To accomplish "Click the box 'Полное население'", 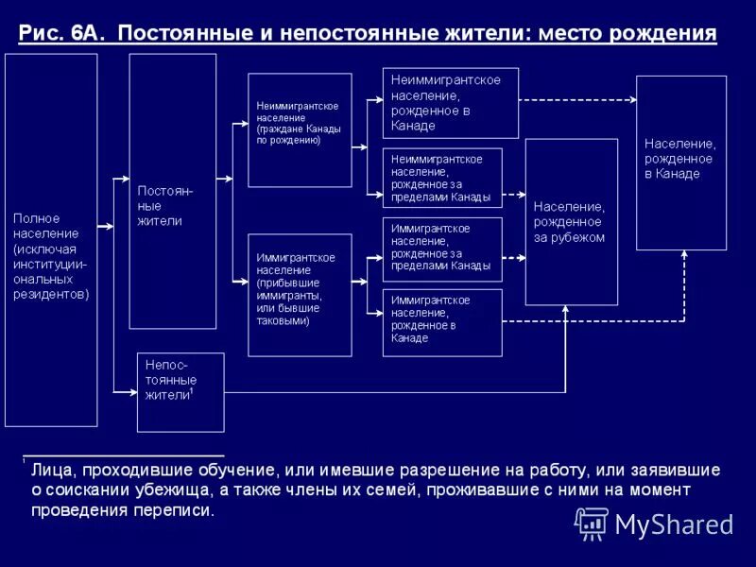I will click(51, 239).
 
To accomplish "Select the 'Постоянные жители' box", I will click(172, 191).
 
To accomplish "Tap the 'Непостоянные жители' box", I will click(180, 392).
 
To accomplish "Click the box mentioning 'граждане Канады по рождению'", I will click(300, 129).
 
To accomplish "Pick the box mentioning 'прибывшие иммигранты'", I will click(300, 294).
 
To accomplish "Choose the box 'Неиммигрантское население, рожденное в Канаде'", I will click(450, 103).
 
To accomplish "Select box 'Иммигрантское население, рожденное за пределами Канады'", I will click(441, 249).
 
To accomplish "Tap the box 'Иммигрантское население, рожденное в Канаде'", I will click(441, 323).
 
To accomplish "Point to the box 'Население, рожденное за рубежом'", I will click(571, 222).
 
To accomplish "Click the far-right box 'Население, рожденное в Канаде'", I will click(680, 163).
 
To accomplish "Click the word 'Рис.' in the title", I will click(40, 34).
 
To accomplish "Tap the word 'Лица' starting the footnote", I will click(49, 469).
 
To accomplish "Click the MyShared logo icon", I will click(591, 522).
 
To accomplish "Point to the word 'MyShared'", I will click(674, 524).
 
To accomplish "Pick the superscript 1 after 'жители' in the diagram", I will click(192, 389).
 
